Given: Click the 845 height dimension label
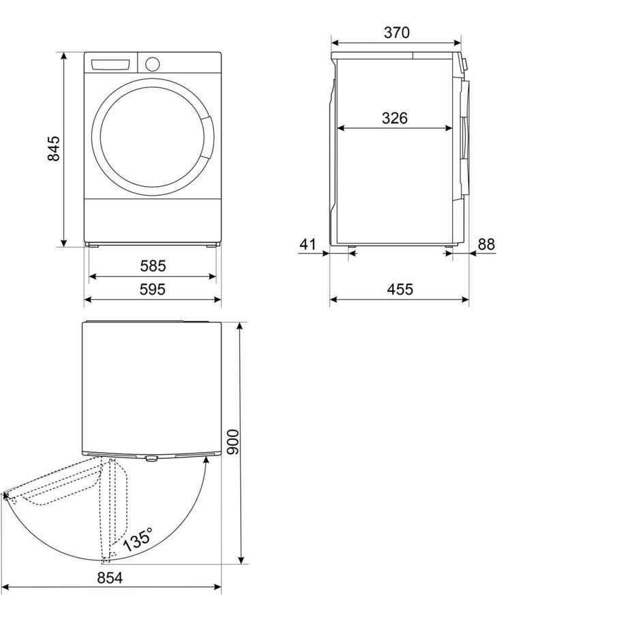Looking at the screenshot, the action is point(54,149).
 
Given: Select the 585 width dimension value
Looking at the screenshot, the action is point(153,266).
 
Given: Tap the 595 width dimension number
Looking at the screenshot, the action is point(153,289).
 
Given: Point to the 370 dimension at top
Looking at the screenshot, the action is point(397,33).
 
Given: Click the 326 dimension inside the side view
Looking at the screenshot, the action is point(395,118).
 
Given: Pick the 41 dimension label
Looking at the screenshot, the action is point(308,244).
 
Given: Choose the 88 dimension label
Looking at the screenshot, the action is point(486,244).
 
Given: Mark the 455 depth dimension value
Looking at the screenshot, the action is point(400,289).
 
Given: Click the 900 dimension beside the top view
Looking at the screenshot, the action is point(233,442).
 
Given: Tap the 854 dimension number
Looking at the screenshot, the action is point(110,578).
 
